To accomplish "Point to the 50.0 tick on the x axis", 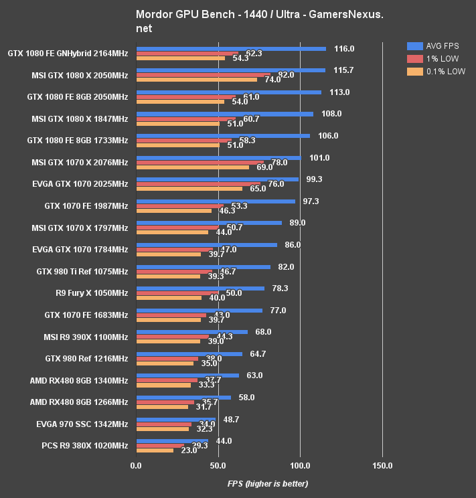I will point(218,465).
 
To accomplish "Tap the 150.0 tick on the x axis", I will point(382,465).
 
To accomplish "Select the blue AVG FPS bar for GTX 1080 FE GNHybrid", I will point(231,48).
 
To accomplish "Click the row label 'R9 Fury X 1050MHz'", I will point(92,293).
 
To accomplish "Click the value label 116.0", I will point(343,49).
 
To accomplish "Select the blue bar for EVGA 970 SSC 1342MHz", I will point(175,419).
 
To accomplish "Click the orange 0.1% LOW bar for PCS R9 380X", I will point(155,450).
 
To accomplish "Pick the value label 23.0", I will point(189,451).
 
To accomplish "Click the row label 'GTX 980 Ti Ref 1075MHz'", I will point(82,271).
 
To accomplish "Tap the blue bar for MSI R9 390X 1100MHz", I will point(191,331).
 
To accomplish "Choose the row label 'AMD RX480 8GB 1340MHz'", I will point(79,380).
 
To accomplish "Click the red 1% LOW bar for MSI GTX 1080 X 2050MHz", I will point(203,75).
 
